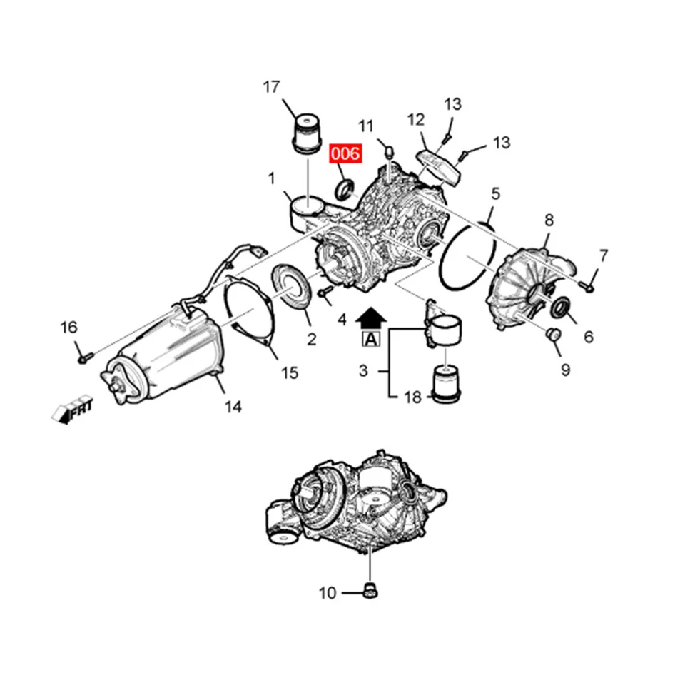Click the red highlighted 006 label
pyautogui.click(x=345, y=153)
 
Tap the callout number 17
pyautogui.click(x=271, y=88)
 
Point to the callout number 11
pyautogui.click(x=366, y=126)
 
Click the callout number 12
pyautogui.click(x=416, y=119)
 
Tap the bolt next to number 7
pyautogui.click(x=587, y=286)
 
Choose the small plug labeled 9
pyautogui.click(x=552, y=335)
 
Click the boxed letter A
pyautogui.click(x=371, y=340)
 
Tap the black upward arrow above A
pyautogui.click(x=371, y=317)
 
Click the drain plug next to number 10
pyautogui.click(x=370, y=589)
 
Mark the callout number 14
pyautogui.click(x=233, y=407)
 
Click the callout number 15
pyautogui.click(x=288, y=372)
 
